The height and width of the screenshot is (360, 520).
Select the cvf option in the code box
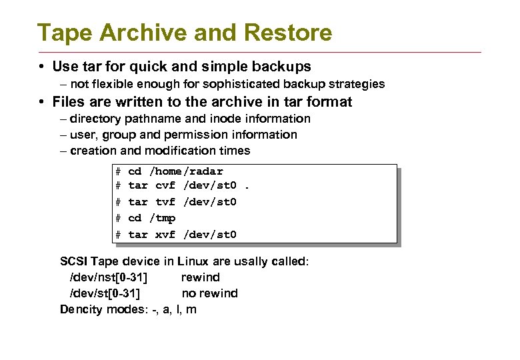[165, 185]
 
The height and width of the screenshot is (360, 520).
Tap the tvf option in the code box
[165, 201]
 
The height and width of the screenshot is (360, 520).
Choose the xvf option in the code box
[165, 234]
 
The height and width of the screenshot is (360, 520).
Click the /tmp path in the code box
[162, 218]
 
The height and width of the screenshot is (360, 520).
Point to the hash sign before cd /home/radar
[118, 171]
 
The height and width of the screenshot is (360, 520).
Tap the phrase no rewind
[209, 293]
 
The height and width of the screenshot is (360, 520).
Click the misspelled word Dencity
[81, 309]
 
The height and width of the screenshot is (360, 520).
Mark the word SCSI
[73, 261]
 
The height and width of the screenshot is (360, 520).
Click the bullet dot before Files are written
[41, 102]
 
